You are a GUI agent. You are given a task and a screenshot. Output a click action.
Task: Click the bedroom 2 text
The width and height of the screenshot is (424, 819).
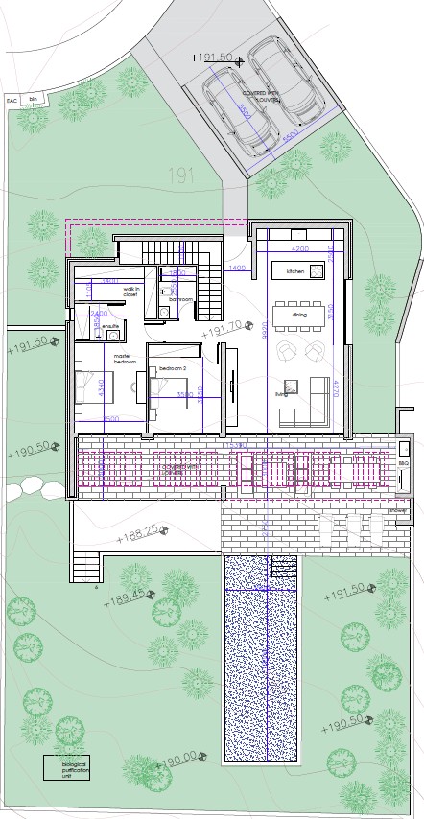pos(173,368)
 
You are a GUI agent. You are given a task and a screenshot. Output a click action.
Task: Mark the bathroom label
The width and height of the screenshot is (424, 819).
pos(181,300)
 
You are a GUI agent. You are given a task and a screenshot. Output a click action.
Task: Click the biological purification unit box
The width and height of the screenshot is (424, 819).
pos(70,769)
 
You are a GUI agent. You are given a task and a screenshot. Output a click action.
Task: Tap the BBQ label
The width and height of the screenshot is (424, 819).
pos(404,463)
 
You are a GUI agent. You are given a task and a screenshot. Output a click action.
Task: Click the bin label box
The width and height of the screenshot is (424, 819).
pos(34,99)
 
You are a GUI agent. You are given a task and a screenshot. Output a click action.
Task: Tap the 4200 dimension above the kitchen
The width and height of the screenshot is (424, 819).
pos(299,249)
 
